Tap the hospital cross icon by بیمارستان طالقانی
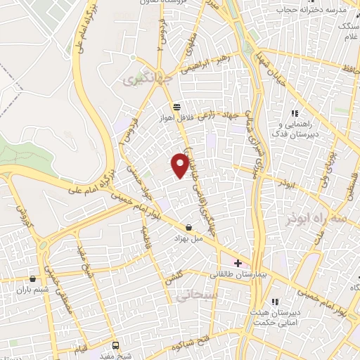click(238, 263)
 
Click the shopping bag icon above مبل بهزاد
click(189, 227)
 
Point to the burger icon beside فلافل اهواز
click(176, 107)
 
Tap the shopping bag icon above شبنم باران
click(33, 278)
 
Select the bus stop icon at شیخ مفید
click(116, 345)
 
